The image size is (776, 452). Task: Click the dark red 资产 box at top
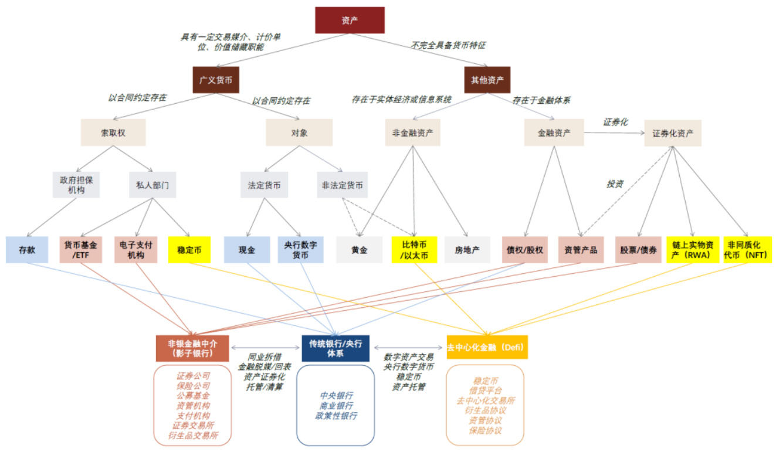point(350,20)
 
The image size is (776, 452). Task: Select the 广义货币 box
point(216,80)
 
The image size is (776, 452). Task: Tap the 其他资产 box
point(487,80)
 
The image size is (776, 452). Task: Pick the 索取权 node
point(113,133)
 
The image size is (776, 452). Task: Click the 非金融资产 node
point(413,133)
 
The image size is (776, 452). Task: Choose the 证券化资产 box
point(672,133)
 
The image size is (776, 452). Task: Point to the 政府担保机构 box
point(76,185)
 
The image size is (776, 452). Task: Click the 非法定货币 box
point(343,185)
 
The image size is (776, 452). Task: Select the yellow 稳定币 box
point(189,250)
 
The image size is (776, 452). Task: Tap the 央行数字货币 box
point(300,250)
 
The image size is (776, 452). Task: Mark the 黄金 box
point(359,250)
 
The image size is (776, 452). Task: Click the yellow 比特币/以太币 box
point(414,250)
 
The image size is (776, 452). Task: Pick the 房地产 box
point(467,250)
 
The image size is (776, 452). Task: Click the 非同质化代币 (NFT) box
point(746,250)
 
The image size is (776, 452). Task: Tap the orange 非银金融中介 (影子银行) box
point(192,348)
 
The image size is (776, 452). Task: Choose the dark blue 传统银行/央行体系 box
point(336,348)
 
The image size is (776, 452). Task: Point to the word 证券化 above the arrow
point(616,122)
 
